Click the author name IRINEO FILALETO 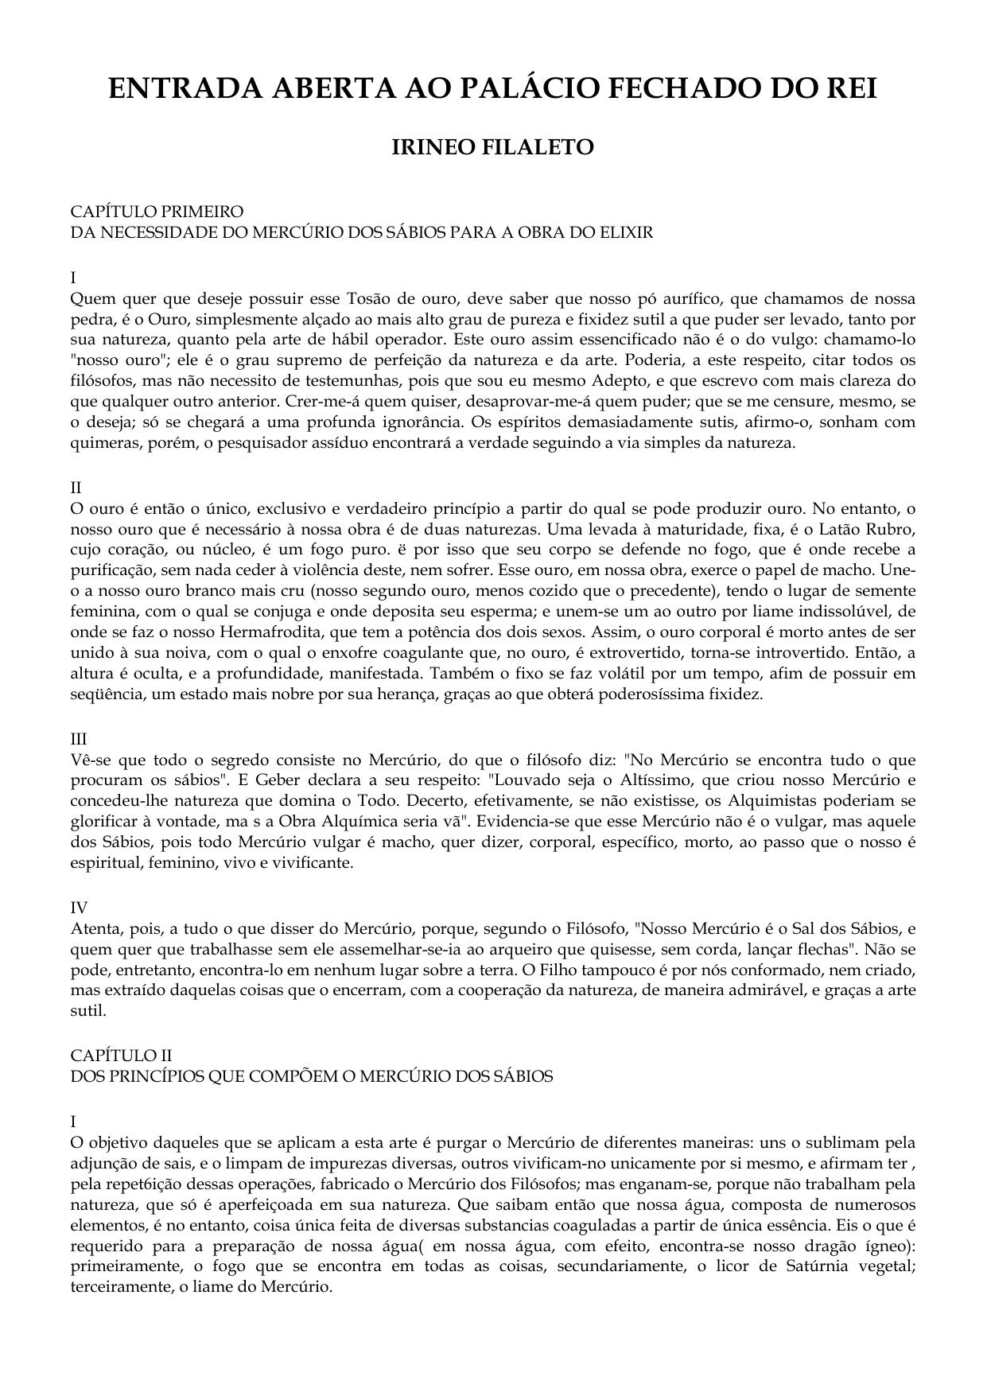point(493,147)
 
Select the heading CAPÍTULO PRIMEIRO point(157,212)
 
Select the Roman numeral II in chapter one point(76,487)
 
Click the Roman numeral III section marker point(79,738)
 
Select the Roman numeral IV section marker point(79,907)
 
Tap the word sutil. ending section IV point(87,1010)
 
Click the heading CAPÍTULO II point(121,1055)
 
